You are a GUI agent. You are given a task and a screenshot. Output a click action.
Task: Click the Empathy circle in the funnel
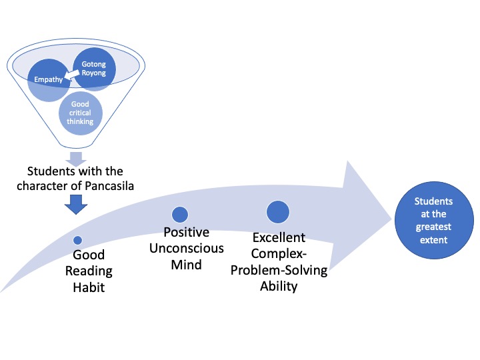pos(49,80)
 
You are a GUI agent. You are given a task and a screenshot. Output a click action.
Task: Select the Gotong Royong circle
pos(94,69)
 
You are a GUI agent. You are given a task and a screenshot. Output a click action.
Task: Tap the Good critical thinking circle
pos(81,113)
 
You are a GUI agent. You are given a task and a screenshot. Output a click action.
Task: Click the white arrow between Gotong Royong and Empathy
pos(71,75)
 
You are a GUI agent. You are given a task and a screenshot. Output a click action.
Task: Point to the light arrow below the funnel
pos(76,159)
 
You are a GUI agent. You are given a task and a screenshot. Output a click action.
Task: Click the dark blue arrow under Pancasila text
pos(76,205)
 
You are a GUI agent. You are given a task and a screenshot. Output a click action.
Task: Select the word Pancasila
pos(109,186)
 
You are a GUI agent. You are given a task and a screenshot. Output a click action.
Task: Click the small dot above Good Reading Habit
pos(78,240)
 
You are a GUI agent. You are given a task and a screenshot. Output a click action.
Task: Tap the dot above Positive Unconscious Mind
pos(180,215)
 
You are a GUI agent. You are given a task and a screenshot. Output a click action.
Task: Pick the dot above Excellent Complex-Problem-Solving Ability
pos(278,212)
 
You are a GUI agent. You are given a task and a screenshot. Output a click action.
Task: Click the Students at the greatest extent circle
pos(434,220)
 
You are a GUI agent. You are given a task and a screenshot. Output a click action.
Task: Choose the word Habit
pos(89,287)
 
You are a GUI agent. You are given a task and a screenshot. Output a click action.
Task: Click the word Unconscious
pos(187,248)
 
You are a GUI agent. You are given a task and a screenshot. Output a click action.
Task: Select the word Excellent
pos(279,237)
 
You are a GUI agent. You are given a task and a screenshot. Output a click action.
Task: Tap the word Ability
pos(279,287)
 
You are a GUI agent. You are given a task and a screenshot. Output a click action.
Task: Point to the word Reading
pos(89,271)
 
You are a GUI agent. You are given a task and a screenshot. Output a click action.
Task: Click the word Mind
pos(187,265)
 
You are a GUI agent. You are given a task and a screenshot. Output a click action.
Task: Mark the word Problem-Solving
pos(279,270)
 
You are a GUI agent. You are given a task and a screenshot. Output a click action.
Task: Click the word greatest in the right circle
pos(433,227)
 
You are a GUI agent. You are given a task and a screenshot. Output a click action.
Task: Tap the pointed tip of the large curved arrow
pos(392,219)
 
